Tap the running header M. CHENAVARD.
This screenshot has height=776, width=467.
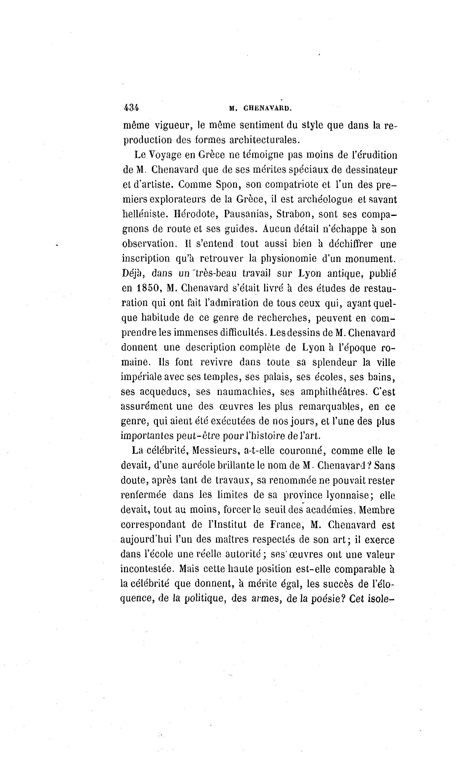click(x=261, y=108)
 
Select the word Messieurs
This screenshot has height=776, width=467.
click(x=216, y=451)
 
